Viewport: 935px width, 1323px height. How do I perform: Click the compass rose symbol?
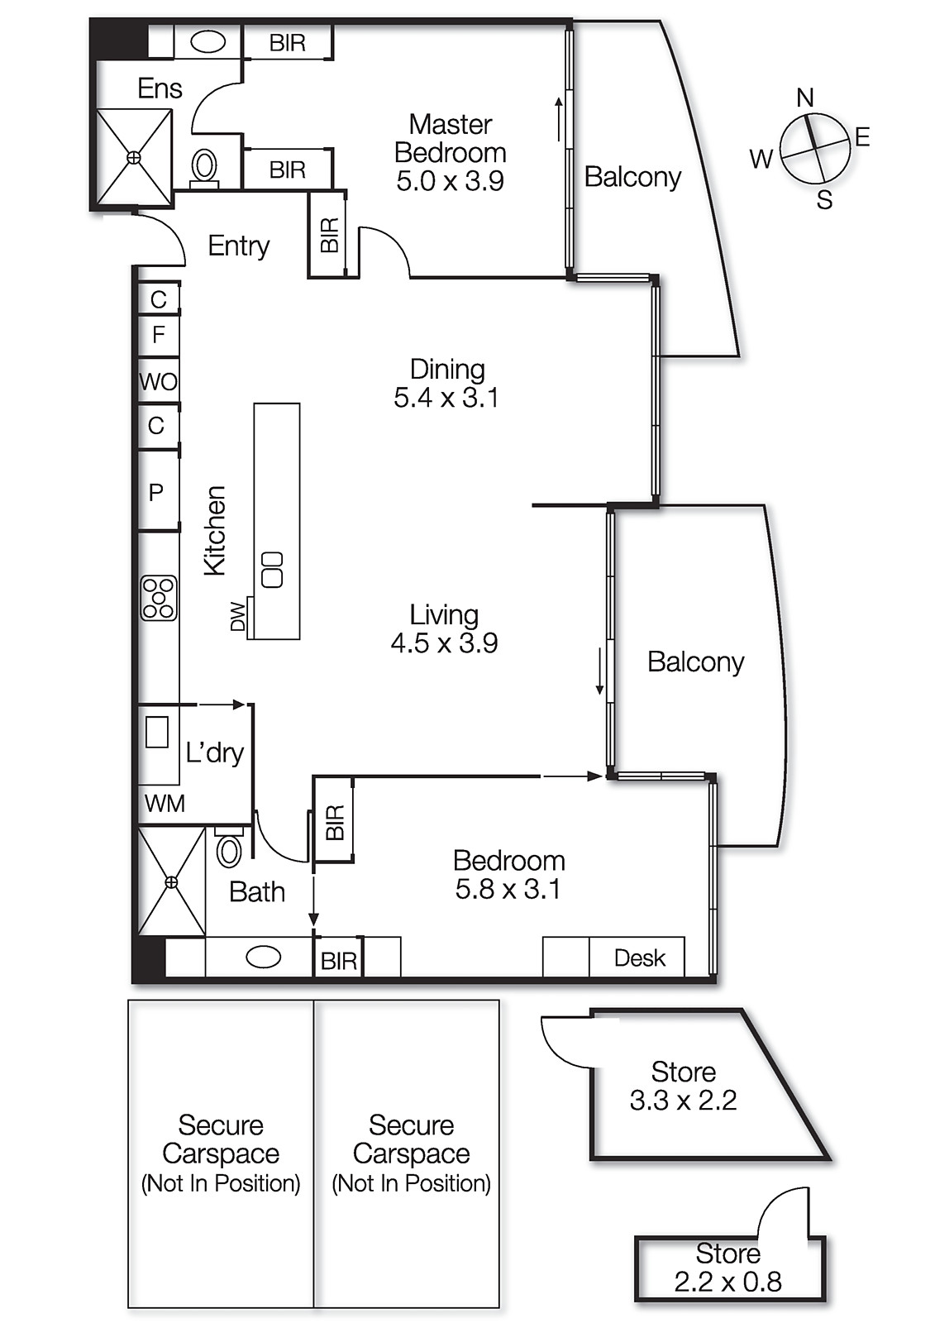coord(815,148)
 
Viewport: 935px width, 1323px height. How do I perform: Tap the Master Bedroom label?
coord(450,152)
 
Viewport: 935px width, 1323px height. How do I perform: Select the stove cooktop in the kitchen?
coord(159,597)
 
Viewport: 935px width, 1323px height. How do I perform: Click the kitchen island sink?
coord(272,570)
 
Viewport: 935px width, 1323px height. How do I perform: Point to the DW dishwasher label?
coord(238,617)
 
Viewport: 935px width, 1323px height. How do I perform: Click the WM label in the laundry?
coord(165,803)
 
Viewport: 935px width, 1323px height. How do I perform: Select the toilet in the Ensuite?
coord(204,165)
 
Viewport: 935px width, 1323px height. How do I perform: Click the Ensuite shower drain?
coord(134,157)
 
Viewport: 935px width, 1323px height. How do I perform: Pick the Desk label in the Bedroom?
coord(640,958)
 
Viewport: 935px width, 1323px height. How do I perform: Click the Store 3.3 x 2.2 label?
coord(683,1086)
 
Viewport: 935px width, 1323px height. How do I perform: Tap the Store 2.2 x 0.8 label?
coord(727,1268)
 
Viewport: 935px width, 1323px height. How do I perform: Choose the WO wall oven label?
coord(158,382)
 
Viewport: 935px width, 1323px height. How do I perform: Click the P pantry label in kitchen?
coord(155,493)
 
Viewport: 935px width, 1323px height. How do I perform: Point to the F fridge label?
coord(159,334)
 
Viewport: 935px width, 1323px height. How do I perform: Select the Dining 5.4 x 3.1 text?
coord(446,383)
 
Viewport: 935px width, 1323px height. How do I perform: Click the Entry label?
coord(238,246)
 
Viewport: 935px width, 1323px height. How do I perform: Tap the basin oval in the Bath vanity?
coord(264,958)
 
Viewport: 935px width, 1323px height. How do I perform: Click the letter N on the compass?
coord(805,98)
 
